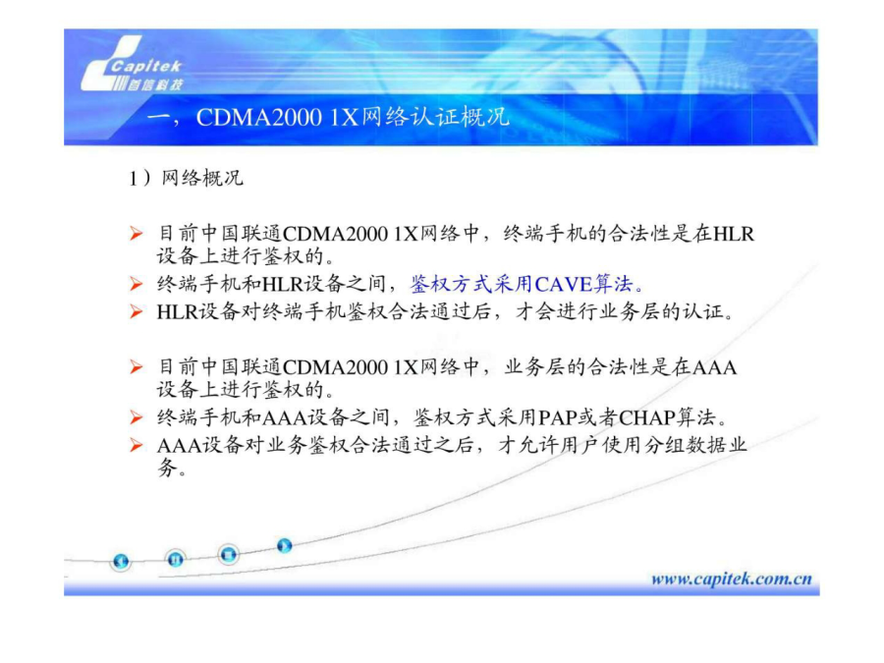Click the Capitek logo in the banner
[133, 65]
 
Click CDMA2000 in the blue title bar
[258, 117]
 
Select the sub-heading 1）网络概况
[186, 178]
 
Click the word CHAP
[647, 417]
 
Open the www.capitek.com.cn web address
[731, 579]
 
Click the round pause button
[176, 559]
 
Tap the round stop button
[228, 555]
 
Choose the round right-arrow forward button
[284, 546]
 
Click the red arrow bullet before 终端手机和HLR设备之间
[136, 284]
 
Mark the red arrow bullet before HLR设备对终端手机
[136, 311]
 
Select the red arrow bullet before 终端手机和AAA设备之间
[136, 417]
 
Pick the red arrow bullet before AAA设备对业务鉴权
[136, 445]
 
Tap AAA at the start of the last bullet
[180, 445]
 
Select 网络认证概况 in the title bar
[435, 117]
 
